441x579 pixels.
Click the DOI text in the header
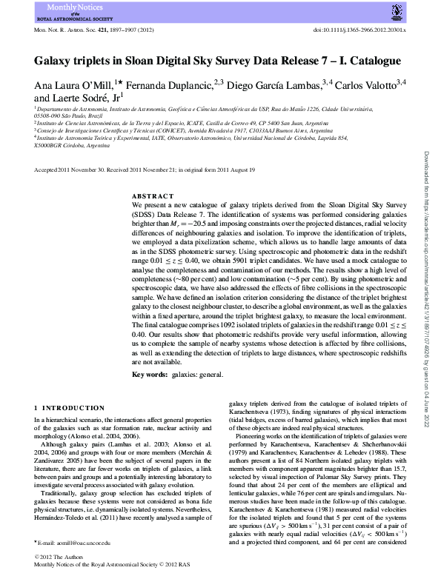click(x=360, y=31)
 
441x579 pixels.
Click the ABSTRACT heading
click(x=152, y=196)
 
